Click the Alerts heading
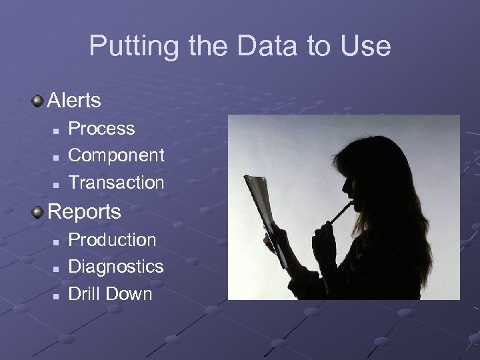(75, 101)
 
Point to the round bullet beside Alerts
(39, 101)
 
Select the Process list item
(101, 128)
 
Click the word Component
(116, 155)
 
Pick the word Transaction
(116, 182)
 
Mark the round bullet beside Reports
(39, 212)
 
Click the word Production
(112, 239)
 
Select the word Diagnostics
(116, 267)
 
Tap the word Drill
(85, 293)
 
